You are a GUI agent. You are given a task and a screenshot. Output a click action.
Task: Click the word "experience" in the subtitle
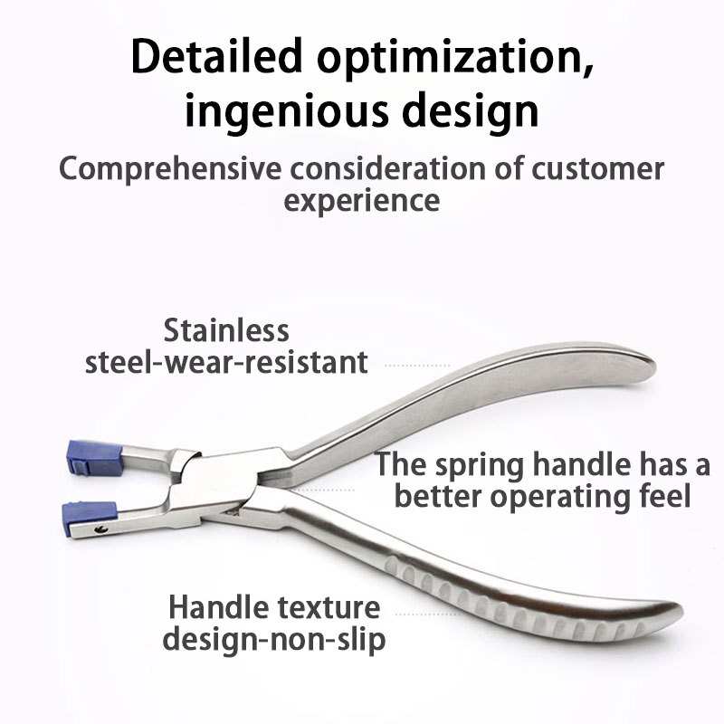coord(362,199)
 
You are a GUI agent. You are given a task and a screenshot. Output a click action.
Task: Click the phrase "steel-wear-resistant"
coord(227,362)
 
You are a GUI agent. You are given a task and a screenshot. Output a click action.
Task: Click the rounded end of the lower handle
coord(661,613)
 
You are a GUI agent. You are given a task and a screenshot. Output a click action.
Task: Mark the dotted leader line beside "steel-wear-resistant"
coord(417,366)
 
